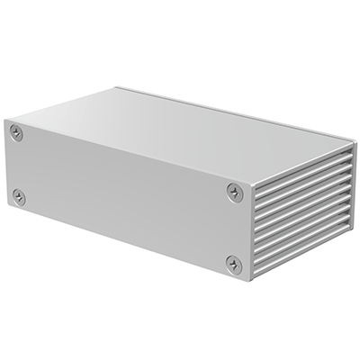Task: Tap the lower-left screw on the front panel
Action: (x=19, y=196)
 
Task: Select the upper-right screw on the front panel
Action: (x=235, y=191)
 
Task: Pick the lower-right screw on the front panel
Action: (x=234, y=264)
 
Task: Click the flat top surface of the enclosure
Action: (x=189, y=126)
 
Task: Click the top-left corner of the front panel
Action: (x=4, y=120)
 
